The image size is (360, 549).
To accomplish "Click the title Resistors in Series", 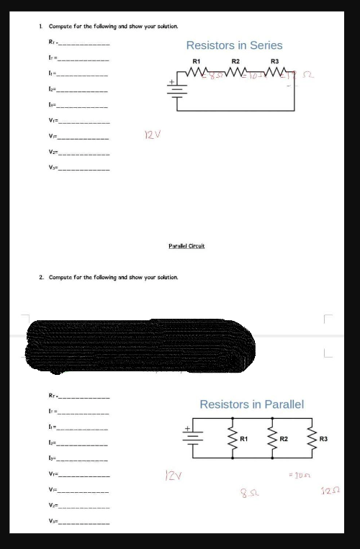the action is pos(234,45).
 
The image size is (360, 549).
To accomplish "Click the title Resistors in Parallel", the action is pos(251,404).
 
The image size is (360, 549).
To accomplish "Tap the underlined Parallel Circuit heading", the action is pos(187,246).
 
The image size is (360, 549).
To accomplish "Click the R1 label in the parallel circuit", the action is pos(244,438).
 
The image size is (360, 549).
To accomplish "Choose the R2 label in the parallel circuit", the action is pos(284,438).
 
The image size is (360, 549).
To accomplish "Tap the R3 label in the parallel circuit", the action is pos(323,438).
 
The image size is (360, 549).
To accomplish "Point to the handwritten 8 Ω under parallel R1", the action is pos(249,491).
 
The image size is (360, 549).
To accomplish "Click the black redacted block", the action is pos(140,348).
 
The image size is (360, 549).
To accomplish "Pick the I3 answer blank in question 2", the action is pos(84,458).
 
